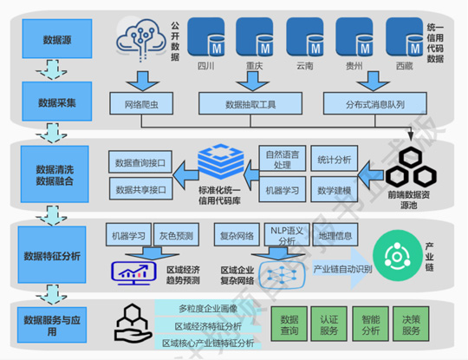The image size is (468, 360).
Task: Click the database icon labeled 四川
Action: tap(206, 40)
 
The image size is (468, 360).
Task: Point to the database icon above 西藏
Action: tap(403, 40)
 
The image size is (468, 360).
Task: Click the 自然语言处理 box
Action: tap(282, 159)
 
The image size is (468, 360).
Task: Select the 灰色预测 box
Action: tap(177, 236)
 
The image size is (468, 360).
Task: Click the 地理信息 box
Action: tap(335, 235)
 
